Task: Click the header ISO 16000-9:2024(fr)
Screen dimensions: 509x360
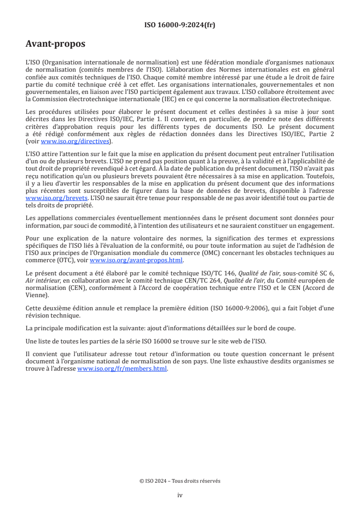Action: coord(180,25)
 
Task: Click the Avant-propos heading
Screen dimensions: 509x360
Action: coord(55,44)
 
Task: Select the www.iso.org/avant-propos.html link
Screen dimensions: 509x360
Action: coord(136,260)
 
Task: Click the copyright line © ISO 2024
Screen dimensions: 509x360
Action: coord(180,481)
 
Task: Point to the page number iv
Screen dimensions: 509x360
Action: coord(180,495)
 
